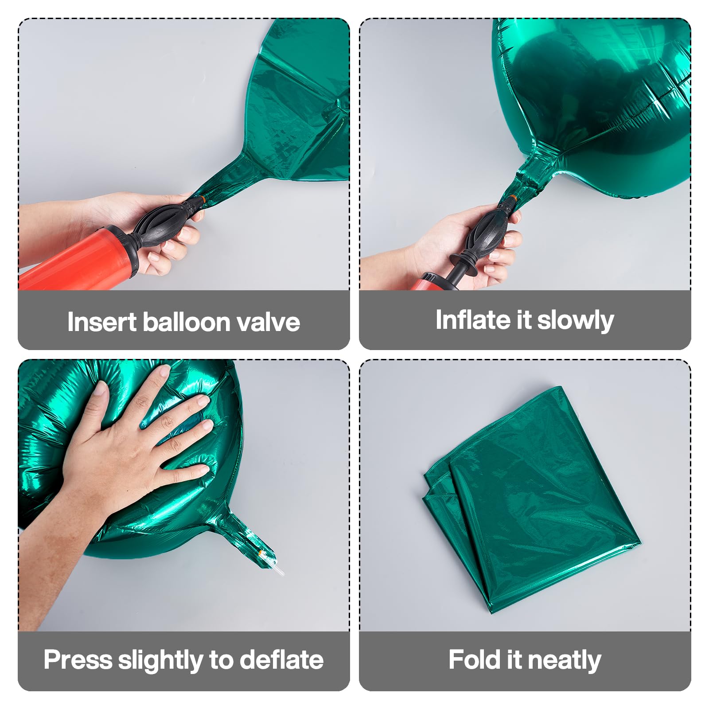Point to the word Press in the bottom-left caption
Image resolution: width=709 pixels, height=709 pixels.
click(78, 660)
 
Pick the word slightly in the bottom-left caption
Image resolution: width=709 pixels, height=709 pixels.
click(160, 661)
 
